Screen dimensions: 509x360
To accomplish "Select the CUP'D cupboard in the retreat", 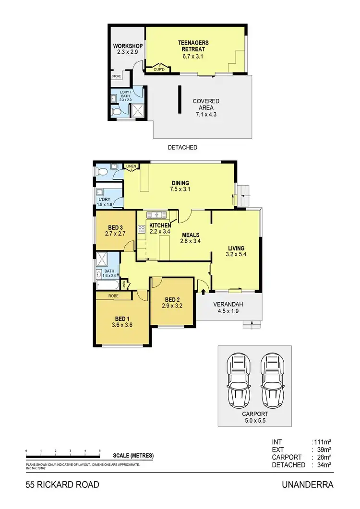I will pos(159,70).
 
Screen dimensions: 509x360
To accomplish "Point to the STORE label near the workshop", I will pos(117,76).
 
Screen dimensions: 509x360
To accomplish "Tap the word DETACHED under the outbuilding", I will pos(183,147).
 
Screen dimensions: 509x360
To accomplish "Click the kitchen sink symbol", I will pos(156,214).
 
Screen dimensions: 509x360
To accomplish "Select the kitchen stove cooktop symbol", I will pos(142,229).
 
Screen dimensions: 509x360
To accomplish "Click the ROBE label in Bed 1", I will pos(113,296).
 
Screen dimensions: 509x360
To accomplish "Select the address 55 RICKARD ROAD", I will pos(63,485).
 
